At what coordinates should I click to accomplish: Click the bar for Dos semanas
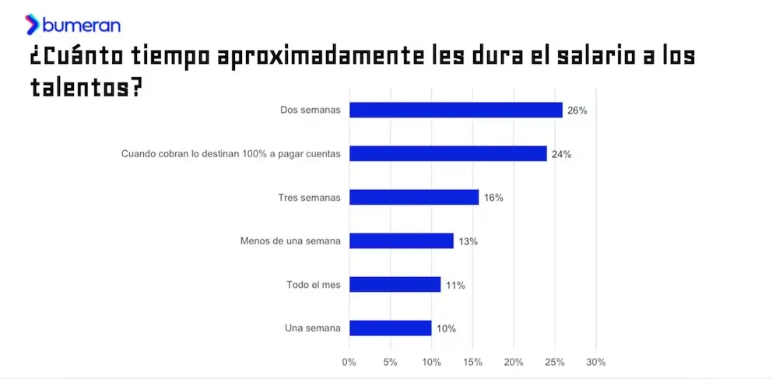tap(455, 111)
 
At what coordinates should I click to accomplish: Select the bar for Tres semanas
tap(414, 198)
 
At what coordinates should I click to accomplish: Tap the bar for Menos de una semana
tap(401, 241)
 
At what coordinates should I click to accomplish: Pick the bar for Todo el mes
tap(395, 285)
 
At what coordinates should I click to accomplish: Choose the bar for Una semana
tap(390, 328)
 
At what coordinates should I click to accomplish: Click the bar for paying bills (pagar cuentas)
tap(447, 154)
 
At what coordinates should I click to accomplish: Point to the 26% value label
tap(577, 111)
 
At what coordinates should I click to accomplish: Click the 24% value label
tap(561, 154)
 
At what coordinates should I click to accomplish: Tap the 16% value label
tap(493, 198)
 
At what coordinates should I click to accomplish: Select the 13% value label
tap(468, 241)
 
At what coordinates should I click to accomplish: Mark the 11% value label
tap(455, 285)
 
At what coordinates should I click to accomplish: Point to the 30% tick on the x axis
tap(595, 362)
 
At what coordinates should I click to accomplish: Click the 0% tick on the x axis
tap(349, 362)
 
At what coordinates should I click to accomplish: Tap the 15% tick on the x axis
tap(472, 362)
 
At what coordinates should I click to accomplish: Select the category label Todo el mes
tap(314, 285)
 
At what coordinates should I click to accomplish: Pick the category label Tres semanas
tap(309, 198)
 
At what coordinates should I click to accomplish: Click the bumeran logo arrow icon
tap(32, 25)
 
